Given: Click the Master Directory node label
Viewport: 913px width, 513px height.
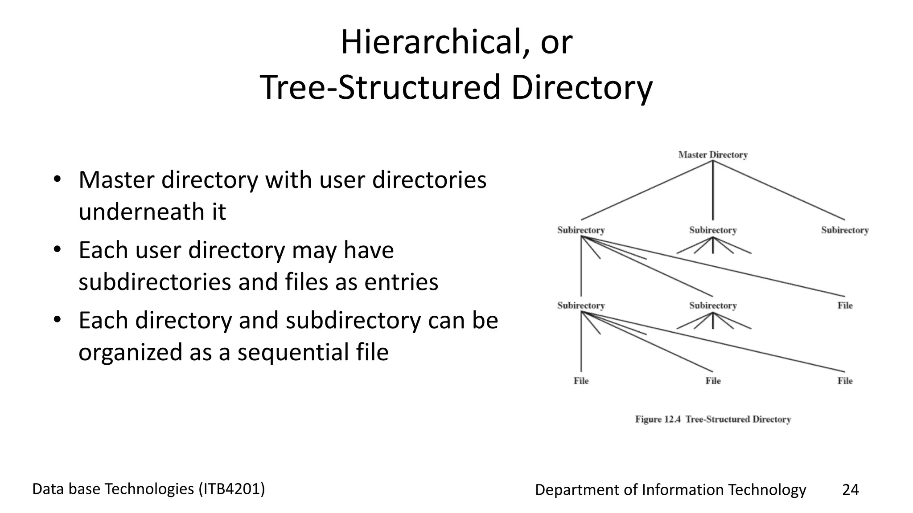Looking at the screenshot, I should [712, 155].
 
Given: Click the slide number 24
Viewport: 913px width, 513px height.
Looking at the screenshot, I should [850, 489].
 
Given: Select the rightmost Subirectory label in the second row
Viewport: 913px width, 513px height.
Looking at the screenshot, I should [845, 230].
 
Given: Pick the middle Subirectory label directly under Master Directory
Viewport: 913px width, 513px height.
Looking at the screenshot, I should [712, 230].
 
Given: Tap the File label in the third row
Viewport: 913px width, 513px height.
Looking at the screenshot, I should [845, 305].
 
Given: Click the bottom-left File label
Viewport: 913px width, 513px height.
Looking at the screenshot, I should [581, 381].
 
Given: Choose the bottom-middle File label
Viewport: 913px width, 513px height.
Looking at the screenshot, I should [713, 381].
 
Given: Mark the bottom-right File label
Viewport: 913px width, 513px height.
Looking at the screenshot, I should [845, 381].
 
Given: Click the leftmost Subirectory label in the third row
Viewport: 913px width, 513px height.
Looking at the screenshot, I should [581, 305].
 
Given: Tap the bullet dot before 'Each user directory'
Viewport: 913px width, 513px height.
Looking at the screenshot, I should [57, 250].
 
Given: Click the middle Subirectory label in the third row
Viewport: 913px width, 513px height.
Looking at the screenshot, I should [712, 305].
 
